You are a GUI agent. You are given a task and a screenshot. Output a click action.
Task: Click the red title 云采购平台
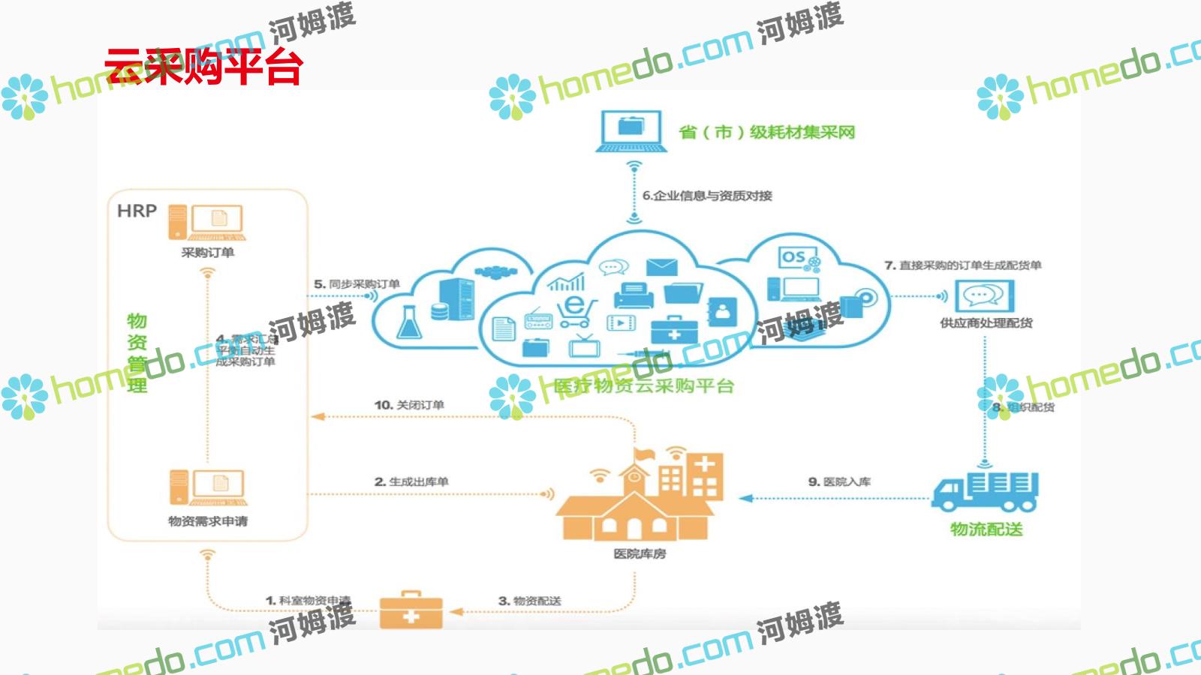(203, 67)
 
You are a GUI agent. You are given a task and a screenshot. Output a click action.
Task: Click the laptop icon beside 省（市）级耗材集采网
(631, 131)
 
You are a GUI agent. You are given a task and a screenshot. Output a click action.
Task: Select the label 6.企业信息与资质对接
(707, 196)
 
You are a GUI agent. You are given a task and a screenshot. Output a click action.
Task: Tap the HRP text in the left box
(137, 211)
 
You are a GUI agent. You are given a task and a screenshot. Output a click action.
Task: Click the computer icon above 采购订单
(206, 222)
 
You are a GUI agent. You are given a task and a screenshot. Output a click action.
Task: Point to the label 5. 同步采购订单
(357, 284)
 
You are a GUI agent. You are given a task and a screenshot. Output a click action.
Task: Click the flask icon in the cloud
(409, 322)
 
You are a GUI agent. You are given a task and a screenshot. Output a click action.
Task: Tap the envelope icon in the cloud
(661, 267)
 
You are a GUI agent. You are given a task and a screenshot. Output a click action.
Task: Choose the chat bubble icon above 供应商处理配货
(984, 296)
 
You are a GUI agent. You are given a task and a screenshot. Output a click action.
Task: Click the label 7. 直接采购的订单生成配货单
(963, 265)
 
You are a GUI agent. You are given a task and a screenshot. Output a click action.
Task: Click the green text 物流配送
(986, 529)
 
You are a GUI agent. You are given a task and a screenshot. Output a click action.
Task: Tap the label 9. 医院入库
(839, 481)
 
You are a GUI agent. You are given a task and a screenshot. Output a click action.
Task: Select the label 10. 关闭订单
(409, 405)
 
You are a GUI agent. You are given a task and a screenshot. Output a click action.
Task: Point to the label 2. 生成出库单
(411, 481)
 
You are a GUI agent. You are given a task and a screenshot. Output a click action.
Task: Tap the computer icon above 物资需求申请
(208, 487)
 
